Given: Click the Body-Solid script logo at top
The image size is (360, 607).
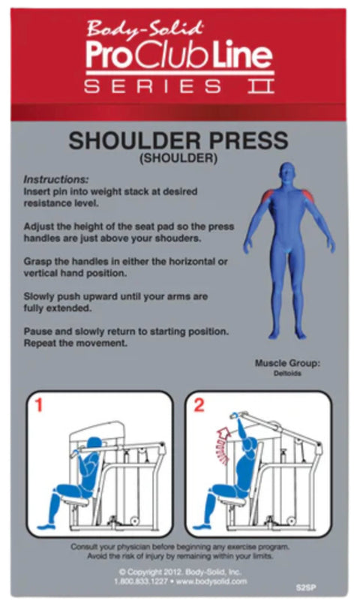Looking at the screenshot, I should click(144, 30).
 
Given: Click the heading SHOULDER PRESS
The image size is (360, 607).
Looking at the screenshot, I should click(178, 140).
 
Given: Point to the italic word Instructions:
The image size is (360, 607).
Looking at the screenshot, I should click(55, 180).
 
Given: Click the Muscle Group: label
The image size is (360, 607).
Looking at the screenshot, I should click(287, 363).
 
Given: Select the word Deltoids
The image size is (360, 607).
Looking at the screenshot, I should click(287, 373).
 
